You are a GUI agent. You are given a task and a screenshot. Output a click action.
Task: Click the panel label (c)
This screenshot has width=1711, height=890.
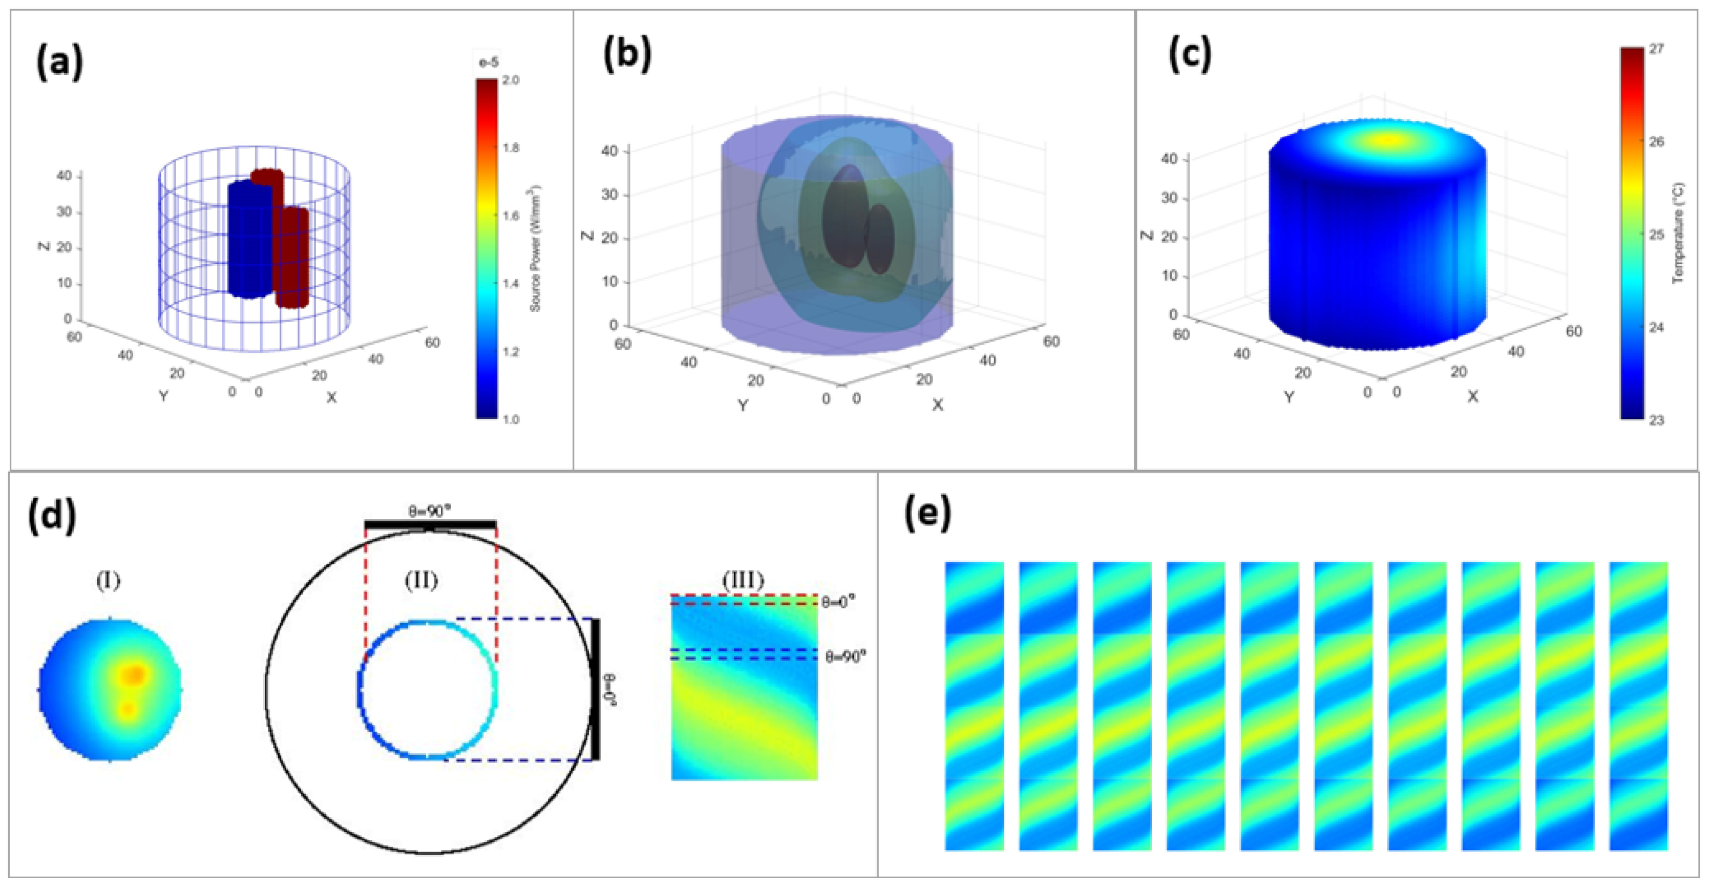(1190, 56)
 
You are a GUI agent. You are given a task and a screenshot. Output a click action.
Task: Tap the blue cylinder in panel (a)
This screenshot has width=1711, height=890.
(249, 239)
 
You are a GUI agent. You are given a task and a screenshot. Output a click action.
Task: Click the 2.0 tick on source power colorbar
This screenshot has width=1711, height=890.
(511, 80)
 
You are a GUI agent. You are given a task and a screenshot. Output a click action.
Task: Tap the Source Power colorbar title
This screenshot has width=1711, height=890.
(535, 248)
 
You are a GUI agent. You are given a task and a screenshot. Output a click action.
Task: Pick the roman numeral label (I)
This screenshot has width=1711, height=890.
(108, 581)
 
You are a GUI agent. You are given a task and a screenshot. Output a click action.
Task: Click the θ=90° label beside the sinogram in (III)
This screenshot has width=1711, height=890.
(846, 656)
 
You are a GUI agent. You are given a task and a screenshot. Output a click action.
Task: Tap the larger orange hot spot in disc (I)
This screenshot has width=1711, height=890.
(134, 675)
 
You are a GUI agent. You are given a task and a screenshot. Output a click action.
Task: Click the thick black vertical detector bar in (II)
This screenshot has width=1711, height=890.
(596, 689)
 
